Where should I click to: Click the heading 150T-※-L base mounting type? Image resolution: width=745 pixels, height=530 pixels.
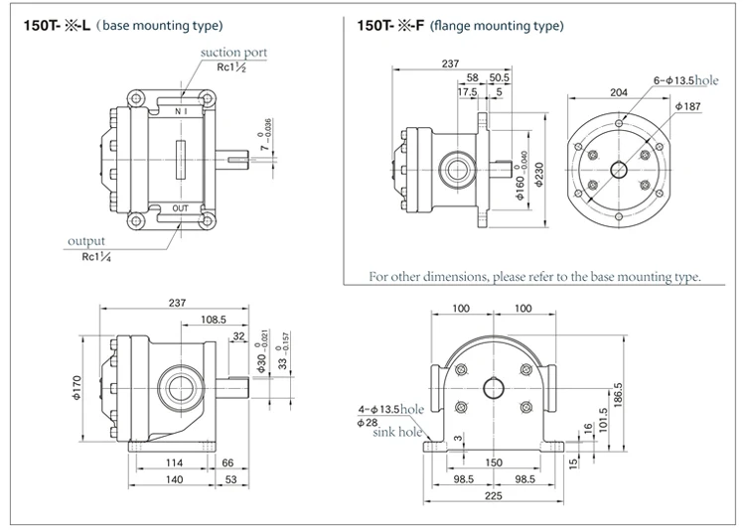pyautogui.click(x=123, y=23)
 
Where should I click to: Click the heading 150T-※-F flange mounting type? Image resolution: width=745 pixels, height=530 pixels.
pyautogui.click(x=465, y=23)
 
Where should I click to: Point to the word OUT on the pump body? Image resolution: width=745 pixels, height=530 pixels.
pyautogui.click(x=181, y=208)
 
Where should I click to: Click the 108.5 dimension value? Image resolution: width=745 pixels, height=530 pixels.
pyautogui.click(x=216, y=320)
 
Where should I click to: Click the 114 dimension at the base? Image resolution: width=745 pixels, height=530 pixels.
pyautogui.click(x=173, y=463)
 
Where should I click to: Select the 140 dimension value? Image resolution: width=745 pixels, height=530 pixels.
pyautogui.click(x=173, y=481)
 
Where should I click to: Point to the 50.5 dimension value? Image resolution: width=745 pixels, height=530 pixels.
pyautogui.click(x=499, y=77)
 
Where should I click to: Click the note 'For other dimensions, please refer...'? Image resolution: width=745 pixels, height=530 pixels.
pyautogui.click(x=534, y=276)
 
